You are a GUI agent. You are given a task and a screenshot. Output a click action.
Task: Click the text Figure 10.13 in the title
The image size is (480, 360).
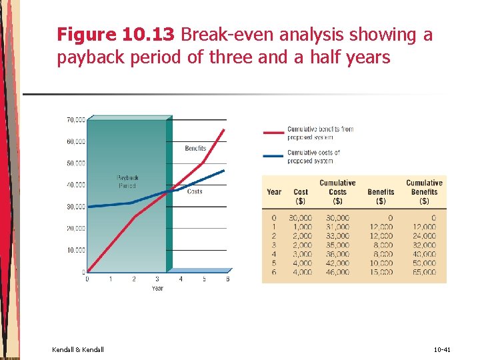pyautogui.click(x=117, y=35)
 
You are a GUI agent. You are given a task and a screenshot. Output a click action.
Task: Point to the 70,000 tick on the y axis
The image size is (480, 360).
pyautogui.click(x=75, y=120)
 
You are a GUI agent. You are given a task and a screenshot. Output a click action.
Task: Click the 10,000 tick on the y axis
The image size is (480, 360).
pyautogui.click(x=75, y=250)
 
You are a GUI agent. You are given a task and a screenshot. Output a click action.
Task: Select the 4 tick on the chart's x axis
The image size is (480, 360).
pyautogui.click(x=181, y=279)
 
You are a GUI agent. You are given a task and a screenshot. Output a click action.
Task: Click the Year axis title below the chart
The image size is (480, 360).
pyautogui.click(x=157, y=289)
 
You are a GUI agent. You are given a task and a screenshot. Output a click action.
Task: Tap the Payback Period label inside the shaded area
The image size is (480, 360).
pyautogui.click(x=127, y=182)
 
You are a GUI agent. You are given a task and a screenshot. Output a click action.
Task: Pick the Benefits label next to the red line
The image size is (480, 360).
pyautogui.click(x=195, y=148)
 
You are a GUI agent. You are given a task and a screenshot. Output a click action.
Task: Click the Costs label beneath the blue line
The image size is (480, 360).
pyautogui.click(x=195, y=191)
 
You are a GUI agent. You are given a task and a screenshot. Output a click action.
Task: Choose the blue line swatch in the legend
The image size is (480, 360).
pyautogui.click(x=273, y=156)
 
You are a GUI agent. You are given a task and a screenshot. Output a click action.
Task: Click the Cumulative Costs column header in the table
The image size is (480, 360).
pyautogui.click(x=337, y=191)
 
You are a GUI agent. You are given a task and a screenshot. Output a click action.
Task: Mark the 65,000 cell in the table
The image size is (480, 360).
pyautogui.click(x=425, y=272)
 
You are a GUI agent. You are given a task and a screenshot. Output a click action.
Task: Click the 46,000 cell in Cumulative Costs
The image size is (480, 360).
pyautogui.click(x=337, y=272)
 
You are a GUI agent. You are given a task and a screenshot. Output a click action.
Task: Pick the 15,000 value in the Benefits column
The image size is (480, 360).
pyautogui.click(x=381, y=272)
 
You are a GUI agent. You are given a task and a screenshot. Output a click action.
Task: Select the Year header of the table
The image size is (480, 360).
pyautogui.click(x=274, y=192)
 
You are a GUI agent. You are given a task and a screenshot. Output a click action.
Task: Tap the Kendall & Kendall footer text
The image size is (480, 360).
pyautogui.click(x=77, y=349)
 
